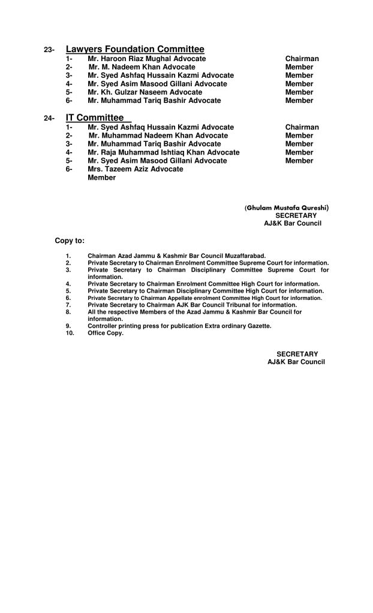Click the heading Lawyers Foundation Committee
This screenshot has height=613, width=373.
coord(135,49)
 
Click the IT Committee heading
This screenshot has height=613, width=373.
coord(95,118)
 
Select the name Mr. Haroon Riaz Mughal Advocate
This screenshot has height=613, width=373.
coord(146,59)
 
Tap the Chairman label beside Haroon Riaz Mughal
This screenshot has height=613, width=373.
coord(302,59)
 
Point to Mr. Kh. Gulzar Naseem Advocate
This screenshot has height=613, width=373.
coord(145,92)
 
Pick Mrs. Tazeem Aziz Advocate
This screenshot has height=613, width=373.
coord(135,169)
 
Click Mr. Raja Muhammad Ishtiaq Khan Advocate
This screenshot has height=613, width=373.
coord(163,153)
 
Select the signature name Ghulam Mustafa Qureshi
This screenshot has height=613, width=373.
coord(287,208)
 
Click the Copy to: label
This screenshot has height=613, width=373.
coord(70,241)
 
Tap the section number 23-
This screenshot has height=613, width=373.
coord(50,50)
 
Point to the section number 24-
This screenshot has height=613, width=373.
coord(50,119)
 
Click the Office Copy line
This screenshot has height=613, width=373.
coord(106,333)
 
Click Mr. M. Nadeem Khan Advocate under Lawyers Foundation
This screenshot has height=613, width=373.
coord(142,67)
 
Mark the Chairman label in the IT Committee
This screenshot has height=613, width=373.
coord(302,128)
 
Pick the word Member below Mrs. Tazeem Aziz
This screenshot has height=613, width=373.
coord(101,178)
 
